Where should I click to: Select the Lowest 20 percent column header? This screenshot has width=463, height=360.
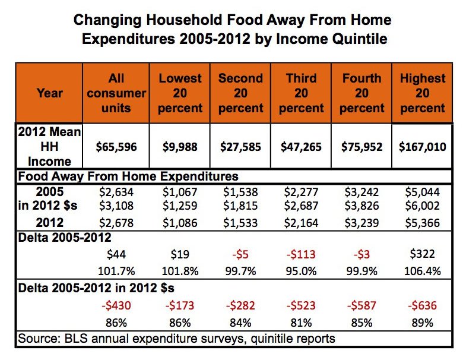point(180,93)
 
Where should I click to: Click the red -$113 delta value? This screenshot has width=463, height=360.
point(301,255)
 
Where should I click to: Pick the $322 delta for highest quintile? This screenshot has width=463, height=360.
point(422,255)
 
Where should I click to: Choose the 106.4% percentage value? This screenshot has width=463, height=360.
point(422,271)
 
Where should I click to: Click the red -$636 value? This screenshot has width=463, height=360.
point(422,307)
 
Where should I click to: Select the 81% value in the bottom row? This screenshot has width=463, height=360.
point(301,323)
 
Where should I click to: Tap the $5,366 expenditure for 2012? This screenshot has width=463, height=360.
point(422,223)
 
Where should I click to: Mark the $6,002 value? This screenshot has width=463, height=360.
point(422,206)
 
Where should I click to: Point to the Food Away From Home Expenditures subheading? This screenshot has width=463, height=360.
point(128,176)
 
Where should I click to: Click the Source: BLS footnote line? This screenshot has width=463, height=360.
point(176,339)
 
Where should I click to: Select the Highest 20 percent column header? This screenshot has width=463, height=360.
point(422,93)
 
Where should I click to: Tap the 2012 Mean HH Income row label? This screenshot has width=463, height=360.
point(49,146)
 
